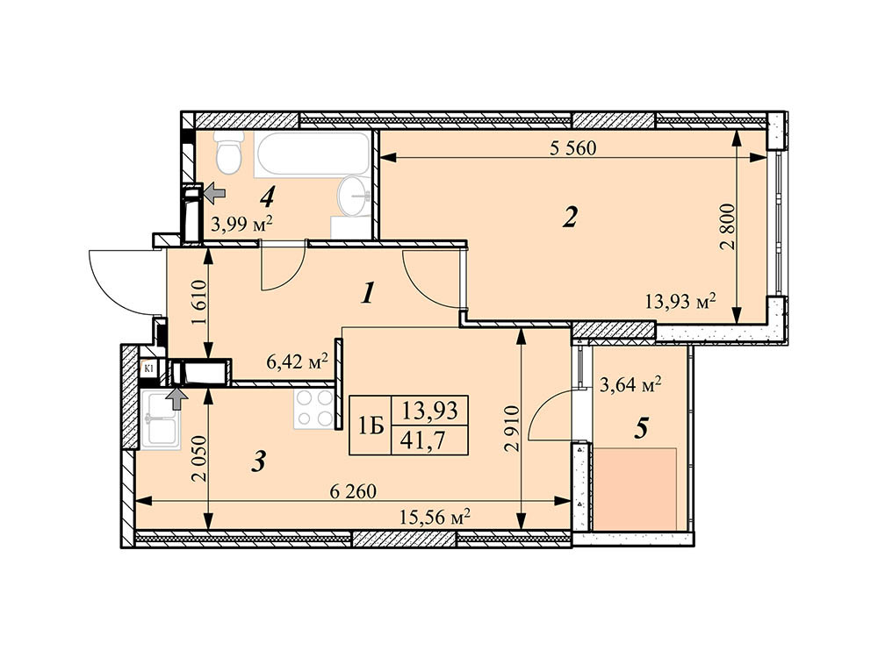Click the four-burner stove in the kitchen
tap(315, 409)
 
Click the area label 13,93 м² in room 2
tap(680, 302)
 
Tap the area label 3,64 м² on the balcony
tap(630, 383)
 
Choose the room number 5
tap(642, 428)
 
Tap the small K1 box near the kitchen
tap(149, 368)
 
